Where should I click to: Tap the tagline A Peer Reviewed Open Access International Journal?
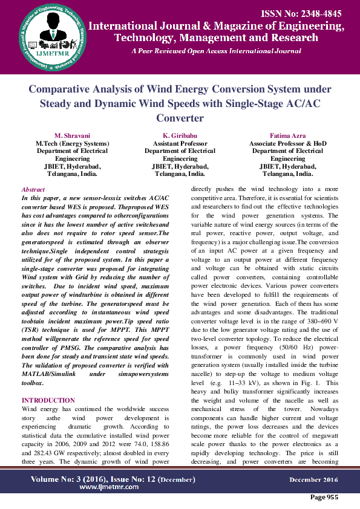pyautogui.click(x=216, y=51)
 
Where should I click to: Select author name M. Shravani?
pyautogui.click(x=72, y=134)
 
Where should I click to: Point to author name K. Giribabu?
pyautogui.click(x=180, y=134)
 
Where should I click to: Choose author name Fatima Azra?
pyautogui.click(x=287, y=134)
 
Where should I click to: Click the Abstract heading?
pyautogui.click(x=33, y=190)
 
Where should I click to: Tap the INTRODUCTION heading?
pyautogui.click(x=48, y=400)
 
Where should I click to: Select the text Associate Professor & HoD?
pyautogui.click(x=287, y=143)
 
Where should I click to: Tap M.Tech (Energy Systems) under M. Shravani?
pyautogui.click(x=72, y=143)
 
